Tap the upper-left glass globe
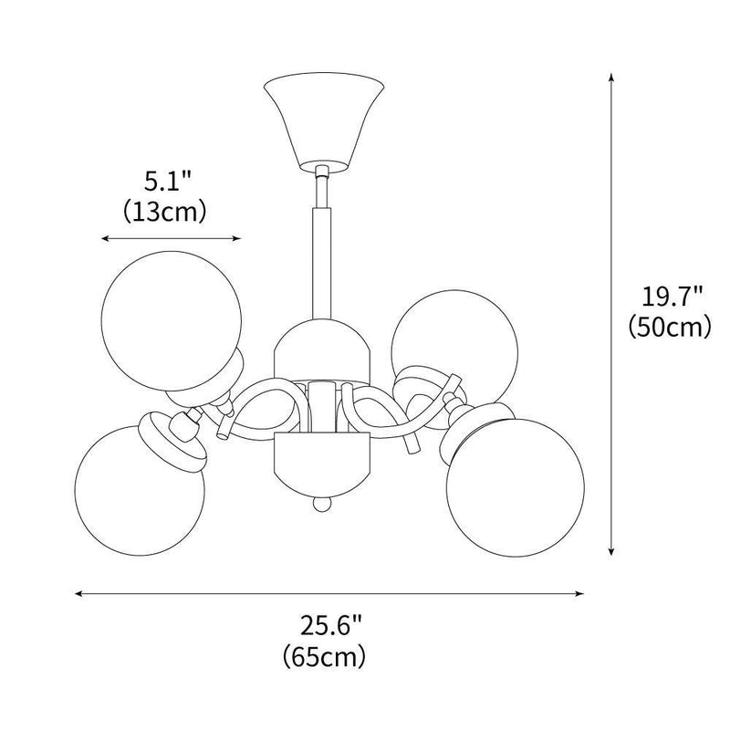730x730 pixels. [x=172, y=315]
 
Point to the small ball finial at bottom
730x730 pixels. [x=320, y=504]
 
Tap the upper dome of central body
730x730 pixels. [x=320, y=345]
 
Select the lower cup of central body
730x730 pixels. [x=320, y=460]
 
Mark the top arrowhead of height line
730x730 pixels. [x=610, y=74]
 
